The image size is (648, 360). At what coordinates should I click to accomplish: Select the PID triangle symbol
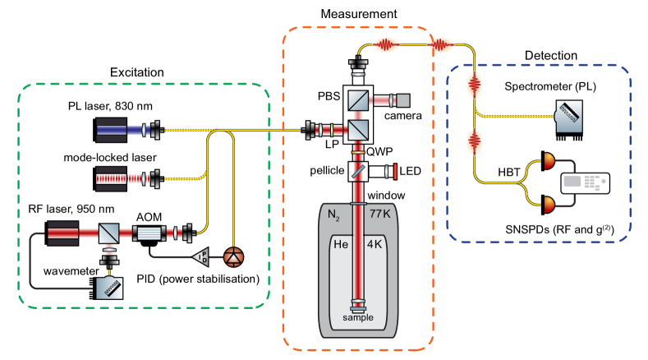pos(200,257)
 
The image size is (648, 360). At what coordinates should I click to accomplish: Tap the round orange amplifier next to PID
pos(233,257)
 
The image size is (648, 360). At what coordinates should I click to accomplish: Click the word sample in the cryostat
pos(358,317)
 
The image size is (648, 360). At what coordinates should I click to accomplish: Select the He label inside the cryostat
pos(339,244)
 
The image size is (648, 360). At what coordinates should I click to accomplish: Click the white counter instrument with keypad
pos(585,183)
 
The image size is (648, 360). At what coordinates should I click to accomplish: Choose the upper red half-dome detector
pos(549,163)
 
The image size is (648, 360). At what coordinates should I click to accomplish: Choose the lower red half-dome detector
pos(549,203)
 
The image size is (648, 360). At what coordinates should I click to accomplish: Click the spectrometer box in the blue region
pos(569,116)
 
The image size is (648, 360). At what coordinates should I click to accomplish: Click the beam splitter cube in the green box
pos(109,233)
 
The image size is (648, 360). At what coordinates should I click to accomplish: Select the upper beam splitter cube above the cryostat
pos(357,100)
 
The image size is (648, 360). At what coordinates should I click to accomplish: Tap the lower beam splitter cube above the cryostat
pos(357,130)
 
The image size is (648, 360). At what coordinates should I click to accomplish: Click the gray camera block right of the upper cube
pos(402,100)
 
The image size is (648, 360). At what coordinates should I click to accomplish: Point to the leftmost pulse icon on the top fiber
pos(386,44)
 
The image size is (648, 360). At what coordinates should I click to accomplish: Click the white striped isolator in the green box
pos(149,233)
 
